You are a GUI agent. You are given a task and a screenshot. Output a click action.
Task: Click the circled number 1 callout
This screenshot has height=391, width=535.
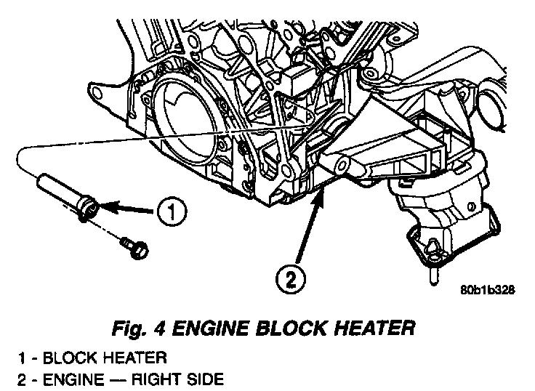tap(170, 213)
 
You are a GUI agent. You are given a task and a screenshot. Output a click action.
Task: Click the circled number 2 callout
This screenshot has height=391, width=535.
tap(290, 279)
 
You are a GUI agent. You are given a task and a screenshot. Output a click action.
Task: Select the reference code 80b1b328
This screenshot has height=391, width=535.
tap(486, 289)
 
